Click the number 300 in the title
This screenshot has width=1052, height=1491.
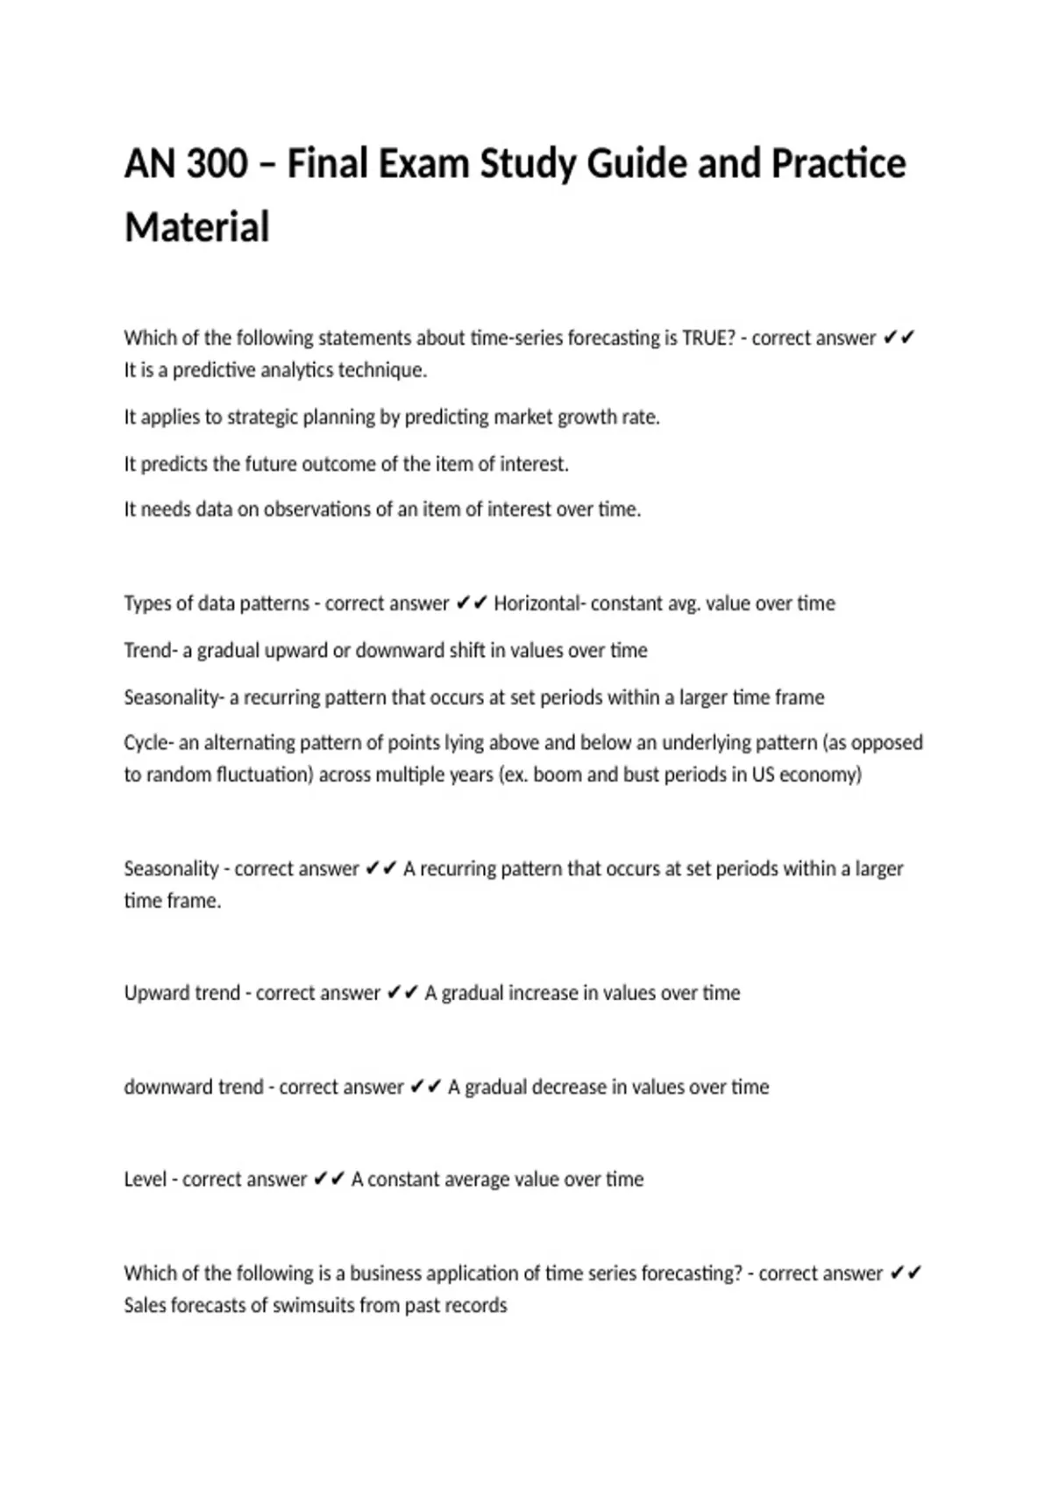[x=217, y=164]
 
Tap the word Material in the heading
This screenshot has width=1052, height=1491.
[x=197, y=227]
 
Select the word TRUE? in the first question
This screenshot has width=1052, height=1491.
[x=708, y=338]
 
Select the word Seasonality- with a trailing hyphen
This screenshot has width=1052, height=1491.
[x=174, y=697]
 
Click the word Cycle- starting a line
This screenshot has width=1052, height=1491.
[x=148, y=743]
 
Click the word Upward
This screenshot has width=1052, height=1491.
[x=156, y=993]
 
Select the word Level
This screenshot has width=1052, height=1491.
[x=145, y=1179]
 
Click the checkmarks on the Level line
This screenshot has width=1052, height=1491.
[x=329, y=1179]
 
